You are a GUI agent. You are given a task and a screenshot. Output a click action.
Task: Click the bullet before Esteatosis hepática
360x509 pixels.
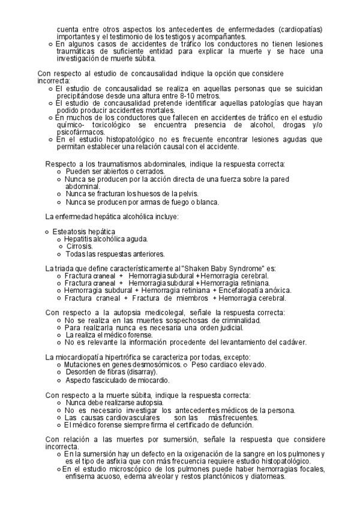point(47,231)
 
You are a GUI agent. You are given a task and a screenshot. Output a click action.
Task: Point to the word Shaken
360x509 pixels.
point(189,268)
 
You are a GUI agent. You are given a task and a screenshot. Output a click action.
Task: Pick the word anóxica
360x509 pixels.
point(278,290)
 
